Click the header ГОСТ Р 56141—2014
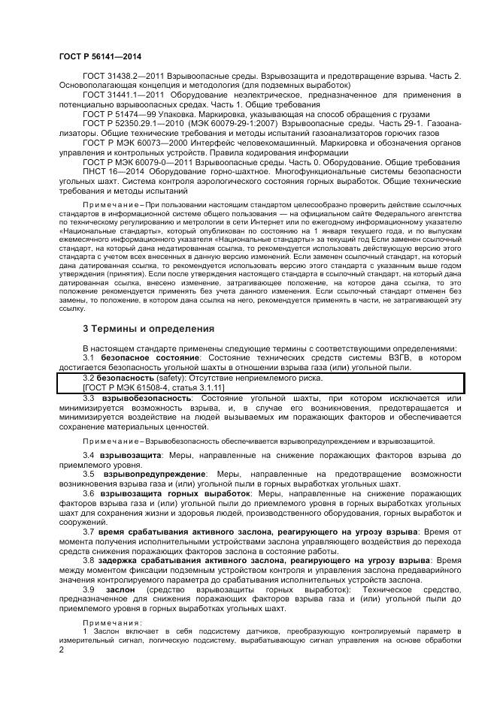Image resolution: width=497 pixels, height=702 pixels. (99, 56)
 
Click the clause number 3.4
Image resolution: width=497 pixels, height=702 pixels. (88, 456)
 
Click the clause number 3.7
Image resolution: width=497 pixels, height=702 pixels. (88, 531)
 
